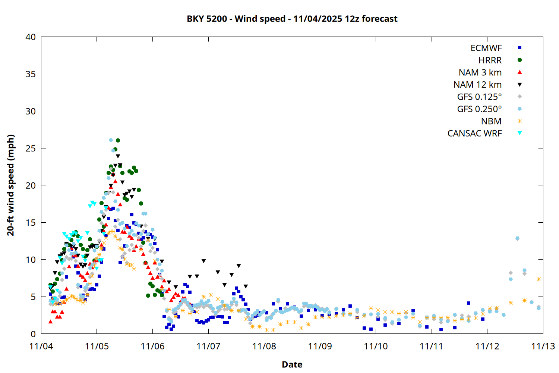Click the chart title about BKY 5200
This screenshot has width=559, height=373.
click(292, 19)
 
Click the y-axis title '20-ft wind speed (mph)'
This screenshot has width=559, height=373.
click(11, 185)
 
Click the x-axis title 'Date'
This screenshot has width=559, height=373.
click(292, 364)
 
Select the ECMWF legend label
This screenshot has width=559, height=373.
click(486, 48)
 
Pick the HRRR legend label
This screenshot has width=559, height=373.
click(490, 60)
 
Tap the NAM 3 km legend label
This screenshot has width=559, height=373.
click(480, 72)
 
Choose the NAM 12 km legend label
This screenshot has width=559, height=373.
click(477, 85)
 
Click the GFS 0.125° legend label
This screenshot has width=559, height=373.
click(479, 97)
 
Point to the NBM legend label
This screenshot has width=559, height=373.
click(491, 121)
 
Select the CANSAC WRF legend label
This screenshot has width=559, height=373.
click(474, 134)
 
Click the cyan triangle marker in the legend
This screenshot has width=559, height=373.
click(519, 133)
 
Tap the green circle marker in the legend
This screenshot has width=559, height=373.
click(519, 60)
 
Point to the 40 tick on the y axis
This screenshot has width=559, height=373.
click(31, 37)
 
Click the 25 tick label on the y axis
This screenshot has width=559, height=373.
click(31, 148)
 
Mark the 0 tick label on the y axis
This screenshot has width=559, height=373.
click(34, 334)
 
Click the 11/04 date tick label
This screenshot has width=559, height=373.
click(41, 346)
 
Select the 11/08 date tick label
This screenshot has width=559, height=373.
click(264, 346)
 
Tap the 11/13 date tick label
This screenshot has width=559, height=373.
click(543, 346)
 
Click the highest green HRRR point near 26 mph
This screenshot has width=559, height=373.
click(118, 141)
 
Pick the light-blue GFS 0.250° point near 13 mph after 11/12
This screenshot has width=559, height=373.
click(517, 238)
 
